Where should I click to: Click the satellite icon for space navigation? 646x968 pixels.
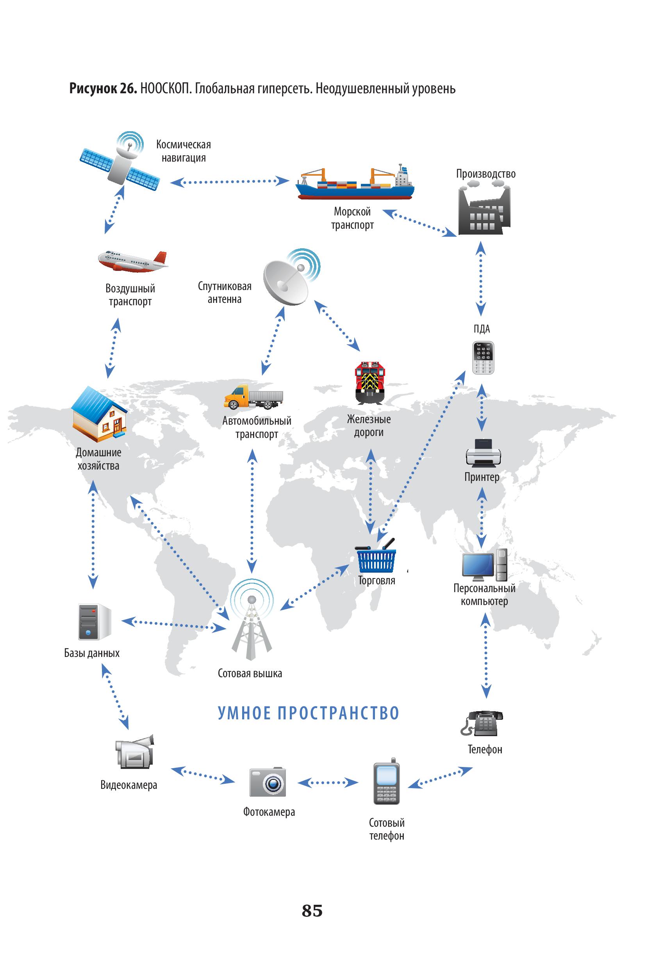(x=120, y=163)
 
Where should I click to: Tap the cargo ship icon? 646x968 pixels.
(x=355, y=184)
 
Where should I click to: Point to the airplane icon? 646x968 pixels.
(x=133, y=261)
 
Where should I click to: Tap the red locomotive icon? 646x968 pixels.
(x=370, y=382)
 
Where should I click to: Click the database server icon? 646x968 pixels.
(x=95, y=622)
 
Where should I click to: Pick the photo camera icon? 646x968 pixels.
(x=268, y=782)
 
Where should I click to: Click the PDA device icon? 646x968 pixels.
(x=483, y=358)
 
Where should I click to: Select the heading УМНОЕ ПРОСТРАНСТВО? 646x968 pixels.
(x=308, y=714)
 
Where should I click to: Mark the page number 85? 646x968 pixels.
(x=312, y=910)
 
